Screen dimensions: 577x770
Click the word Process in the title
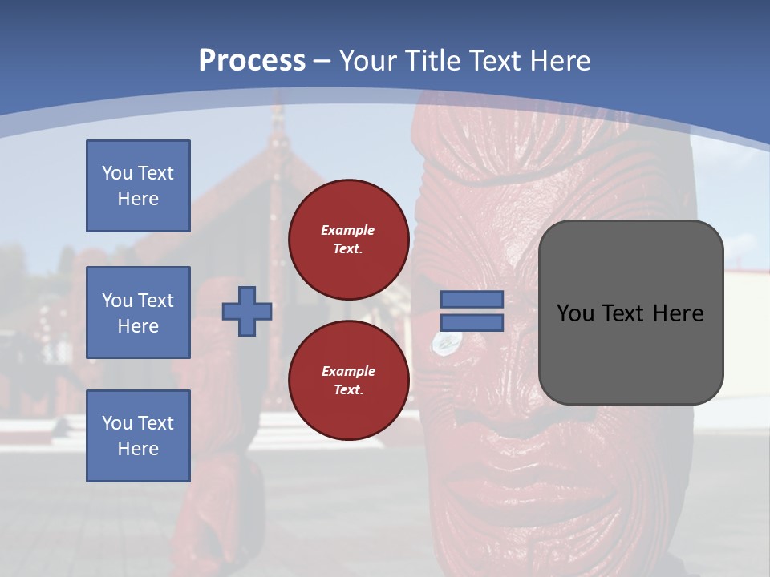tap(252, 61)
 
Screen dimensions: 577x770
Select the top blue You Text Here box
tap(138, 186)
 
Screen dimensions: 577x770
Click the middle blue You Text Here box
tap(138, 313)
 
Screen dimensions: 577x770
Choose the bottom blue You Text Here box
tap(138, 436)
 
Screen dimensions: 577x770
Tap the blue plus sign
tap(247, 312)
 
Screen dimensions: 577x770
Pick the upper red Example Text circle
tap(348, 240)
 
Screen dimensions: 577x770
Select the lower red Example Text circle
tap(348, 381)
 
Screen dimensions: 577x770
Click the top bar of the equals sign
tap(472, 300)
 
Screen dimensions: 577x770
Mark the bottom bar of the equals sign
tap(472, 323)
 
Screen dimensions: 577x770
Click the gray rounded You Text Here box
tap(630, 313)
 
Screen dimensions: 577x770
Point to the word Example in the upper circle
tap(348, 230)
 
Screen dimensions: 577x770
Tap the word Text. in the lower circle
tap(348, 390)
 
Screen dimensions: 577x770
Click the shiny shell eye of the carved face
tap(442, 343)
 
